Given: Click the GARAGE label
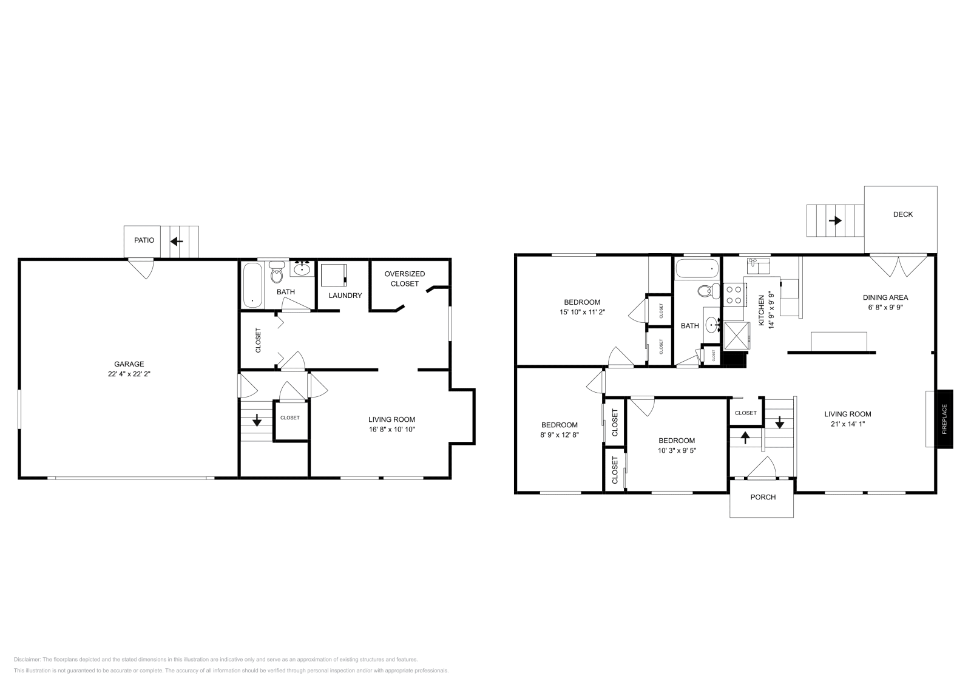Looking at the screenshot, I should click(129, 364).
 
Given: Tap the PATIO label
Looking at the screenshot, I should click(144, 240).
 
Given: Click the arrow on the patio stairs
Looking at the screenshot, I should click(177, 242).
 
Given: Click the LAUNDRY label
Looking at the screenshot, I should click(345, 296).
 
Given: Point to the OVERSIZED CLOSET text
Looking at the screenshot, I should click(405, 279).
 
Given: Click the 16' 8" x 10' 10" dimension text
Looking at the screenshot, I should click(391, 429).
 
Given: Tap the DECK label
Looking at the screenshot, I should click(902, 214).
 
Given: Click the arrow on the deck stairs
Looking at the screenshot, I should click(835, 220).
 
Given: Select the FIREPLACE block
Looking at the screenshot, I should click(944, 419).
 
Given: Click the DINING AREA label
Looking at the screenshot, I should click(885, 297).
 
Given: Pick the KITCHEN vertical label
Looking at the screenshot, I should click(762, 311).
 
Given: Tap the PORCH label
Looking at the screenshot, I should click(763, 497).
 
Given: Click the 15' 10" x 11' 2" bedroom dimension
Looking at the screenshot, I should click(582, 312).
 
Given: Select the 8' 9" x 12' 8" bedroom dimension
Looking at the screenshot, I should click(559, 435).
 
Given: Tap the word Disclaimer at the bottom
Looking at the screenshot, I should click(27, 659).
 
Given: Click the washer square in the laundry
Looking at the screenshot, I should click(332, 275).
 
